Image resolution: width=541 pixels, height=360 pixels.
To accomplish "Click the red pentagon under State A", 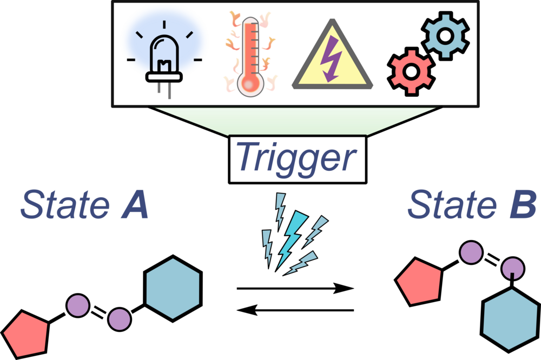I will point(25,334).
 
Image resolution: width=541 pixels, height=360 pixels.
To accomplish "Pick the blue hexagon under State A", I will point(173,288).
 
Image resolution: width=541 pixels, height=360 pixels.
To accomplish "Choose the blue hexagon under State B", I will point(510,319).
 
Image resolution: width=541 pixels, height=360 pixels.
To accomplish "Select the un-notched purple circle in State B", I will point(471,252).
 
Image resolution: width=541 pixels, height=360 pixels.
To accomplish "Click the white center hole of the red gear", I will point(411,71).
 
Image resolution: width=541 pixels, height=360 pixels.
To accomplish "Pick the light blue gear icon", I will point(445,36).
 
